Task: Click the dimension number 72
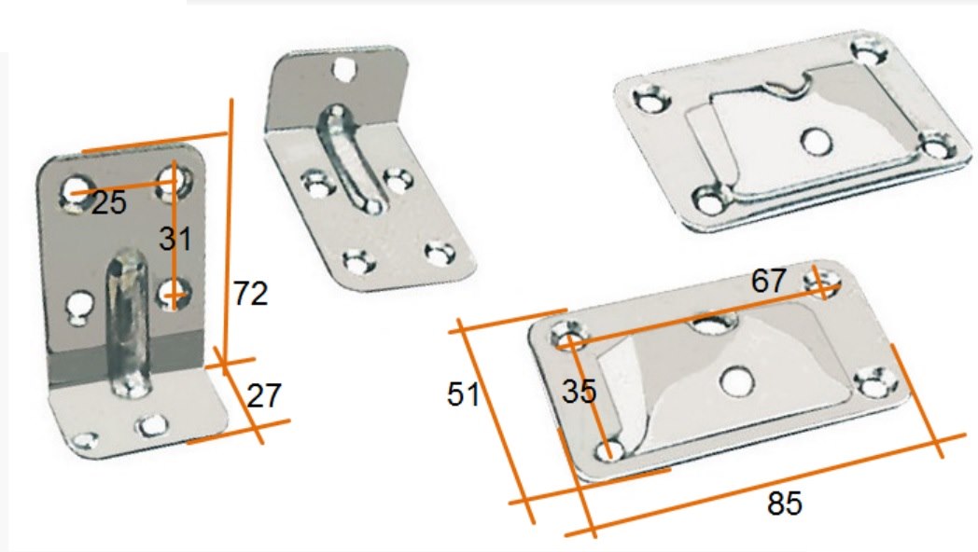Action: (251, 294)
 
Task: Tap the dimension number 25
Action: (109, 203)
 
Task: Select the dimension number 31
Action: (175, 240)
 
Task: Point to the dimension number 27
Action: (264, 395)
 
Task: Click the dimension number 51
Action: (464, 394)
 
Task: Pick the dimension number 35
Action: (579, 392)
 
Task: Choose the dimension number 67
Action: (768, 281)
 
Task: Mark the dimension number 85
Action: (785, 504)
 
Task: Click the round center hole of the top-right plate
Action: (816, 142)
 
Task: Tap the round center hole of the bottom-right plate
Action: (735, 380)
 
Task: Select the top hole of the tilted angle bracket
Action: (342, 69)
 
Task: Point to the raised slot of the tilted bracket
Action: (349, 159)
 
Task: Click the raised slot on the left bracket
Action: (128, 323)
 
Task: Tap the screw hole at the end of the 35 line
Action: (610, 449)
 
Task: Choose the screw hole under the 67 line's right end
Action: (824, 281)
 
